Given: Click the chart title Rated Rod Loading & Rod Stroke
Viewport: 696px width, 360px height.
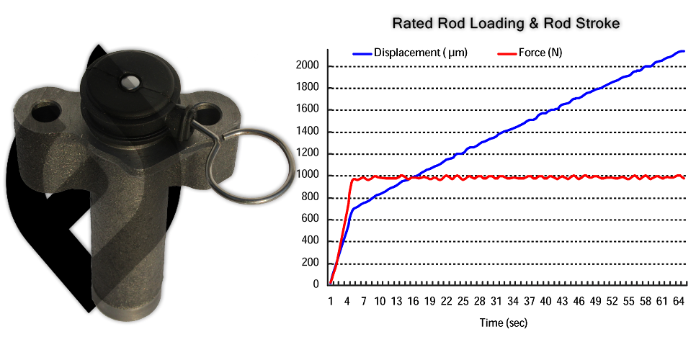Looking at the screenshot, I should pyautogui.click(x=505, y=24).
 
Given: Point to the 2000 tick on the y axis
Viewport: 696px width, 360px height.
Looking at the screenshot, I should pyautogui.click(x=309, y=66).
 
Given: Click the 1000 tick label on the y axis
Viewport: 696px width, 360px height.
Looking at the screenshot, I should pyautogui.click(x=309, y=176).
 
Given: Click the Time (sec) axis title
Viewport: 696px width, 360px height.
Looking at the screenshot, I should pyautogui.click(x=504, y=323).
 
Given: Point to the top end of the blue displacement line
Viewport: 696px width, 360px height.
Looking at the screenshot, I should pyautogui.click(x=683, y=51).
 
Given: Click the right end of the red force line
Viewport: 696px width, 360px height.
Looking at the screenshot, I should pyautogui.click(x=683, y=177).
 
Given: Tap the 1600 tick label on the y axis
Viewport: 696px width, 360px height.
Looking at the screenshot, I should pyautogui.click(x=309, y=110).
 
